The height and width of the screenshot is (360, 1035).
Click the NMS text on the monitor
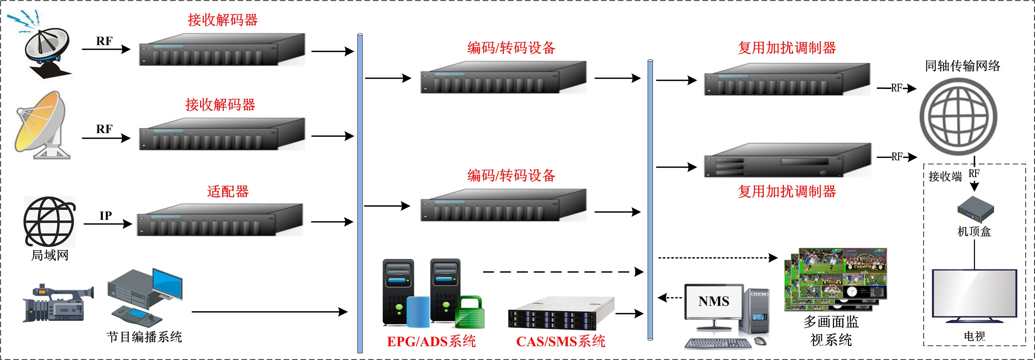(714, 301)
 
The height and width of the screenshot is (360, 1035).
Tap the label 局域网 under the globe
(50, 255)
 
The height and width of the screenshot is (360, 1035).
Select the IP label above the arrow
(106, 216)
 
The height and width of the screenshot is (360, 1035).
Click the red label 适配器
(228, 191)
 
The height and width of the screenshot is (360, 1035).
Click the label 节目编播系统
(144, 337)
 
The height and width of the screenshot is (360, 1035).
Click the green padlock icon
(469, 313)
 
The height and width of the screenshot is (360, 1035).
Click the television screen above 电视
(974, 294)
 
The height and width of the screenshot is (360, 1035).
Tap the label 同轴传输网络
(962, 66)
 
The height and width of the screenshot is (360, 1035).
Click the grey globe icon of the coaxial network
(958, 116)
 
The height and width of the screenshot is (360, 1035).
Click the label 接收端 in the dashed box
(945, 176)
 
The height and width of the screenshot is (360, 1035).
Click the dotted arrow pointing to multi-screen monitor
(717, 258)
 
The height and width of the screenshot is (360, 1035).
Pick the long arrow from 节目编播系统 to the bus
(269, 311)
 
